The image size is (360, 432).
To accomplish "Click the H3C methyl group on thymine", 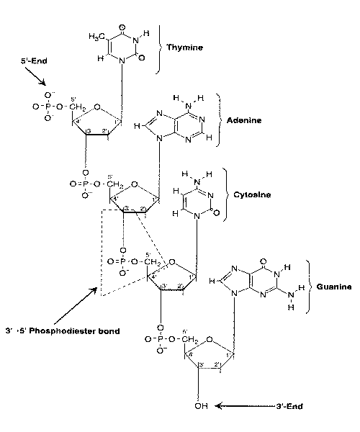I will click(x=97, y=37).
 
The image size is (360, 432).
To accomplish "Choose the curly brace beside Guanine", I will click(x=307, y=286).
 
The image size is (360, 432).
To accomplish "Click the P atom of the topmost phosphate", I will click(x=50, y=107).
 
